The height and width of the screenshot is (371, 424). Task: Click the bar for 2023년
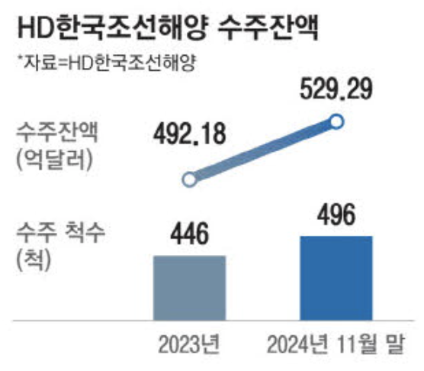coord(190,286)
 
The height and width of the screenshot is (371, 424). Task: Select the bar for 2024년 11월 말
coord(336,276)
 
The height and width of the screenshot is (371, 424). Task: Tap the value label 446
coord(189,234)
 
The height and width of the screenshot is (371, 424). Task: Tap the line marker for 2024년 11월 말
coord(338,121)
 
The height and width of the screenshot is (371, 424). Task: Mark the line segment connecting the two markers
coord(264,150)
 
